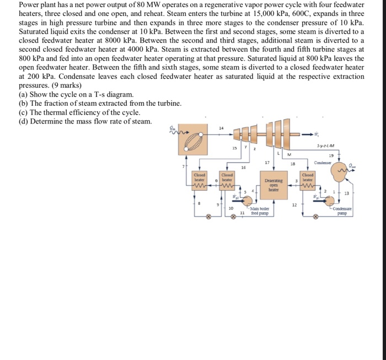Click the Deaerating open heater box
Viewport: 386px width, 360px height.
coord(273,184)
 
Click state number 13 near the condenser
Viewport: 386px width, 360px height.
coord(346,193)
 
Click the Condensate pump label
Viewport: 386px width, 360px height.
coord(346,212)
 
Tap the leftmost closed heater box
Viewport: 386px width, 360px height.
coord(199,180)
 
